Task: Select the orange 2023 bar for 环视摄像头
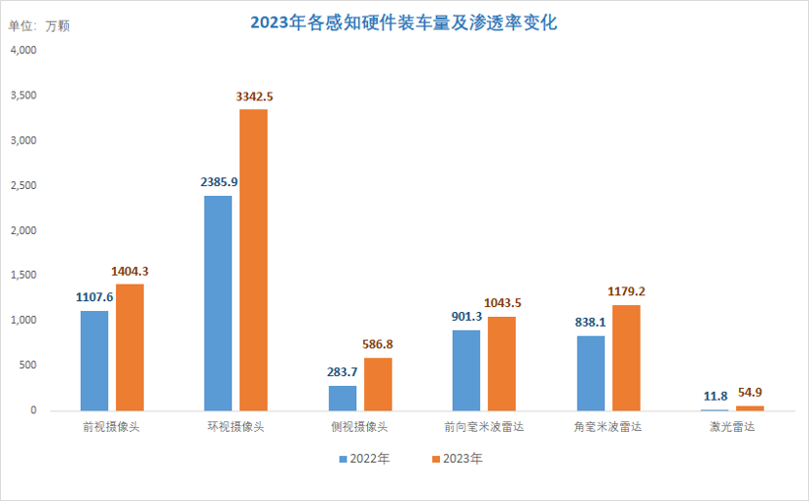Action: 253,259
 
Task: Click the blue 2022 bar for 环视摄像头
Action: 218,302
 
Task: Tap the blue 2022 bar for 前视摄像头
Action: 94,360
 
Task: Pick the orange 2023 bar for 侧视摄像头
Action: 378,384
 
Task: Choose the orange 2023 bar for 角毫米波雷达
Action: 626,357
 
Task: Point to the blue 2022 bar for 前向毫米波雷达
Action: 466,369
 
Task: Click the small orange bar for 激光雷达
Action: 750,407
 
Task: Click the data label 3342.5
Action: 254,96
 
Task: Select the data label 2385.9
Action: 218,182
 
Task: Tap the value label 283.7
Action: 343,372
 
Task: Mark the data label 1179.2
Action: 626,291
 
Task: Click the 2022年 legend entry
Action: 364,459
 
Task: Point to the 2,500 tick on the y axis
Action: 22,185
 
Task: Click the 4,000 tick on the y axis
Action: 22,51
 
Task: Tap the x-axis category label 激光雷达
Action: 731,427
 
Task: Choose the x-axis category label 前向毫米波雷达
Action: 484,427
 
